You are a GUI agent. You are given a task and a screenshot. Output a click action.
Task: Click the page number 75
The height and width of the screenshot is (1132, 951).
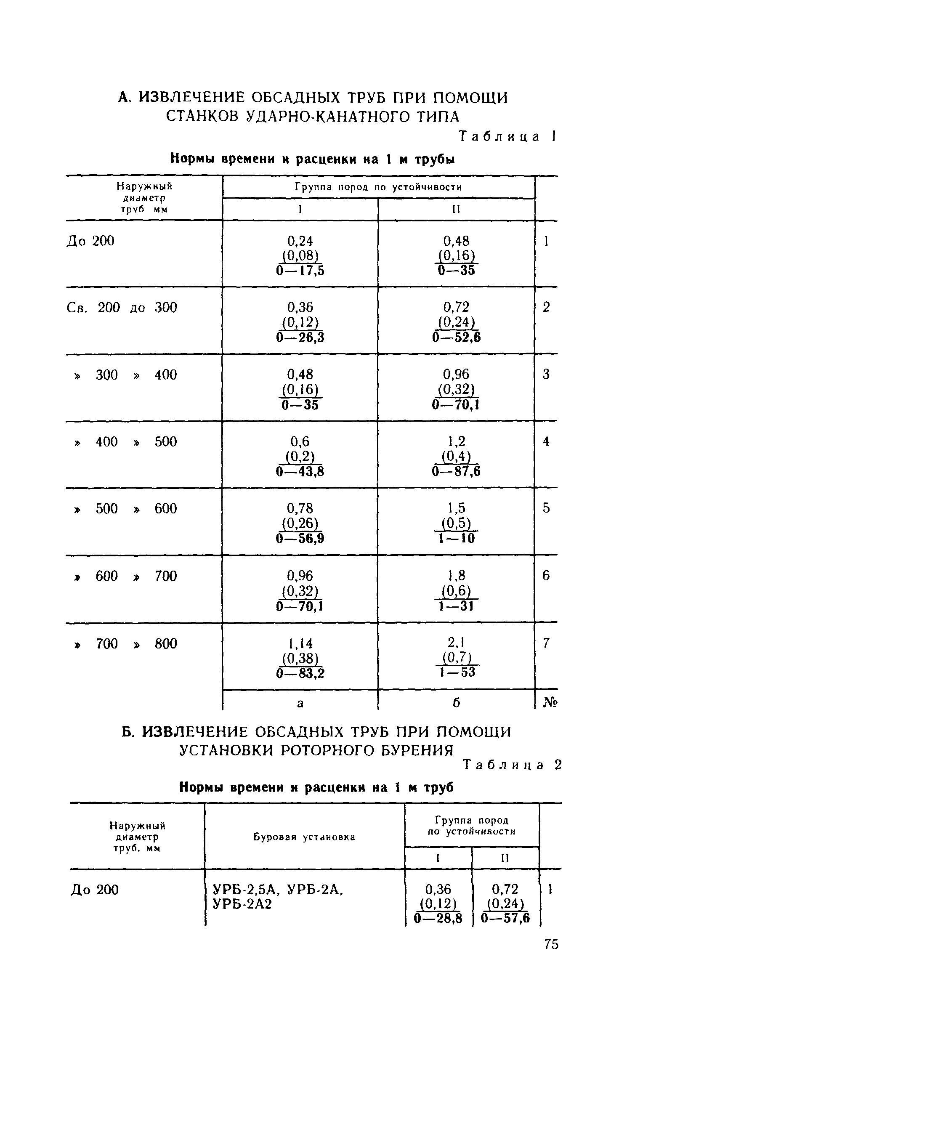pos(551,944)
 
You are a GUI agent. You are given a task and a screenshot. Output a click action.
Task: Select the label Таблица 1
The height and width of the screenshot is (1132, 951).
pos(506,136)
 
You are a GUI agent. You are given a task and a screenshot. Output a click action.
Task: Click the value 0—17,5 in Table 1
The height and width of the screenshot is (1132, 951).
pos(300,271)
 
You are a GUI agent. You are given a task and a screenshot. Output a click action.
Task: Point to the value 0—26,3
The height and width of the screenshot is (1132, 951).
pos(300,337)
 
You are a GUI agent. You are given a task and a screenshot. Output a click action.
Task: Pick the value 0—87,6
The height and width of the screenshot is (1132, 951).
pos(456,472)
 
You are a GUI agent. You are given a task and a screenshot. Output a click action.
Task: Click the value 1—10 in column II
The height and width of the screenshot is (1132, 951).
pos(457,539)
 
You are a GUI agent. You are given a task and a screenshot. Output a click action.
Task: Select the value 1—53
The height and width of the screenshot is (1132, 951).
pos(457,672)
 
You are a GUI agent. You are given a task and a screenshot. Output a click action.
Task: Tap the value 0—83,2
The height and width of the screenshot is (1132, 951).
pos(300,673)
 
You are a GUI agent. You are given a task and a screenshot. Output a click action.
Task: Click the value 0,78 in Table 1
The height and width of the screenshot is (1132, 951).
pos(300,508)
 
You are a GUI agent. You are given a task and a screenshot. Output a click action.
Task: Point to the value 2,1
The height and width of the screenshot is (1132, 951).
pos(457,643)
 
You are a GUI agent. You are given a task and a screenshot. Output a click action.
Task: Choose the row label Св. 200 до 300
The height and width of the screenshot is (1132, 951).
pos(122,308)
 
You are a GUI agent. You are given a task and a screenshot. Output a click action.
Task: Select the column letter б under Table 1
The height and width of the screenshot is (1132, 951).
pos(457,703)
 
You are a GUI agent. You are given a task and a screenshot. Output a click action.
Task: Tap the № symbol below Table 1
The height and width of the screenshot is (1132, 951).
pos(550,703)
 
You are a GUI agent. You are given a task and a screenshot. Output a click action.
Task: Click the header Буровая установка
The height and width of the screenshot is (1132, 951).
pos(304,837)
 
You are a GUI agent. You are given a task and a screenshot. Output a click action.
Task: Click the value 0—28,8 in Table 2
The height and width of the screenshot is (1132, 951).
pos(438,918)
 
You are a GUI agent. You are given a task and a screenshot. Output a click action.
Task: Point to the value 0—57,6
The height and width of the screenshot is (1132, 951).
pos(505,918)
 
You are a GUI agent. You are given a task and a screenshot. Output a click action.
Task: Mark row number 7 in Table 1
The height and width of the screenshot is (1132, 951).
pos(546,643)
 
